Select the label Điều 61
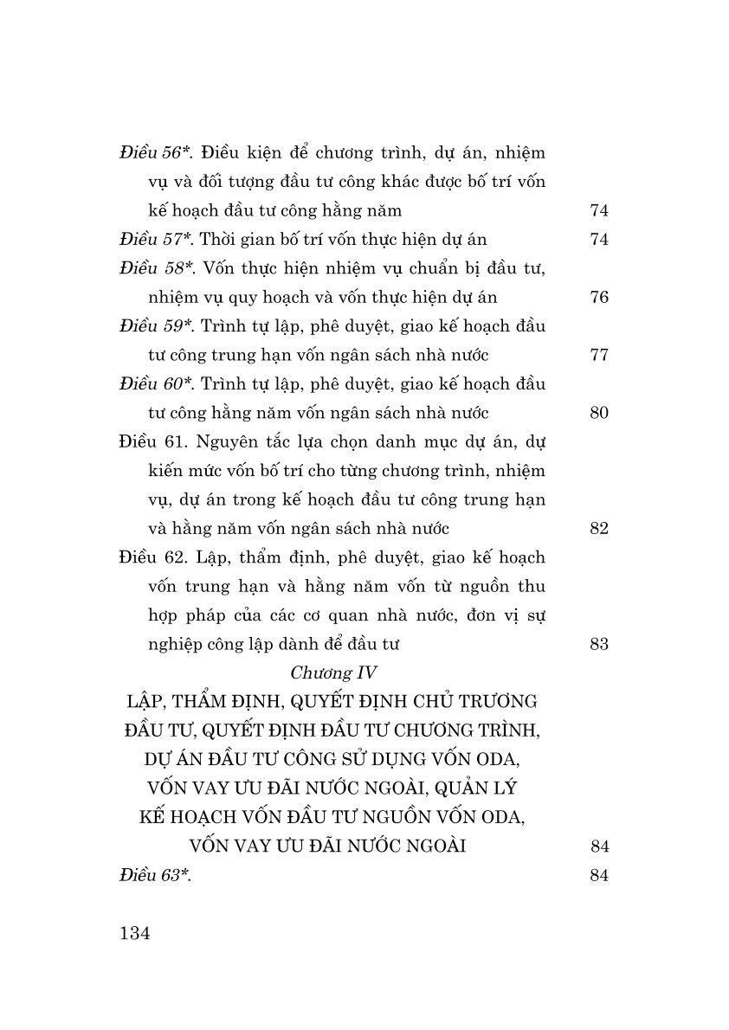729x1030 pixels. point(152,442)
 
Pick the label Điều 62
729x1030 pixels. point(152,557)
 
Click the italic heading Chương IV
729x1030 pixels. point(332,673)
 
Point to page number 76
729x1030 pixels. point(599,298)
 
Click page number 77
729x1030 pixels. point(599,356)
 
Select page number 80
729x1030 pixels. point(599,413)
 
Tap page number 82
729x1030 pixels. point(599,529)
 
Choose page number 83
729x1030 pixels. point(599,644)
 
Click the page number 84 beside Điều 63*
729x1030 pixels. point(599,875)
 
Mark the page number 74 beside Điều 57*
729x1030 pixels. point(599,240)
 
